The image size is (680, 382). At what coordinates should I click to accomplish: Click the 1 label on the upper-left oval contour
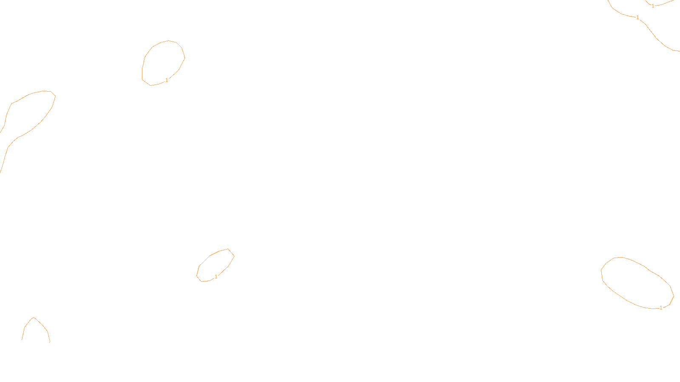click(x=167, y=80)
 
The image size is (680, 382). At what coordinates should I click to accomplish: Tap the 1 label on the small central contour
click(x=216, y=277)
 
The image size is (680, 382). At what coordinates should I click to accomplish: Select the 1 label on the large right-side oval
click(x=661, y=308)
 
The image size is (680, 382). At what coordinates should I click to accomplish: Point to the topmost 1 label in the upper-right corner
click(x=653, y=6)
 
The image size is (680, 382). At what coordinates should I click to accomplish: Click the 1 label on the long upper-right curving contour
click(x=637, y=17)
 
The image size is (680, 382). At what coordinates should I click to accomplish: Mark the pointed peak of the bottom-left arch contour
click(x=34, y=317)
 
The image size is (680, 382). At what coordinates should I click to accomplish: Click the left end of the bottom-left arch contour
click(x=22, y=339)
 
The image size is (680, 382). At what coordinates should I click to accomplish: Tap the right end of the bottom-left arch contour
click(x=50, y=342)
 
